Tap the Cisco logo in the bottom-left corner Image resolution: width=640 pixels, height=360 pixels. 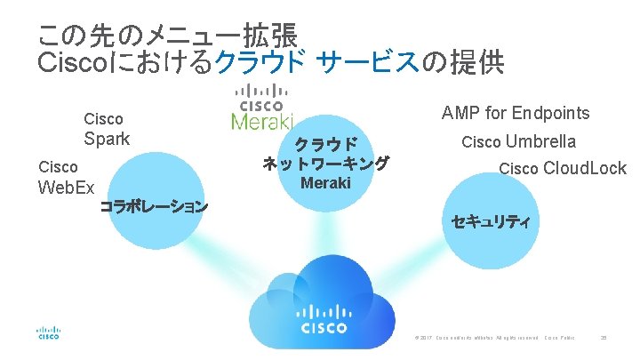tap(48, 331)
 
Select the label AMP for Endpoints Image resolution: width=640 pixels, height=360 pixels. tap(516, 113)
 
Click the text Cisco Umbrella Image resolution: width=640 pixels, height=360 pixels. tap(518, 141)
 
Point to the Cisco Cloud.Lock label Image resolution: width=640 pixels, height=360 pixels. tap(562, 168)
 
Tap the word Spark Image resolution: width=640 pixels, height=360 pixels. tap(107, 139)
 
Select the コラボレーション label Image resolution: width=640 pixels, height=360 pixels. tap(155, 207)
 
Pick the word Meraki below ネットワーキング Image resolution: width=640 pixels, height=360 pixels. tap(326, 183)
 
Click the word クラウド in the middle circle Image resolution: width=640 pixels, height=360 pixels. tap(326, 144)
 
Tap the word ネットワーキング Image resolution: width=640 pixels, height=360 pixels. tap(326, 164)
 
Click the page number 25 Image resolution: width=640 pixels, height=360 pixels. tap(604, 338)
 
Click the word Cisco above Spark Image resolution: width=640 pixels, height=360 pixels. tap(103, 118)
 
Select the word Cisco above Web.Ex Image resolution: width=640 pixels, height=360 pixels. tap(59, 166)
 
